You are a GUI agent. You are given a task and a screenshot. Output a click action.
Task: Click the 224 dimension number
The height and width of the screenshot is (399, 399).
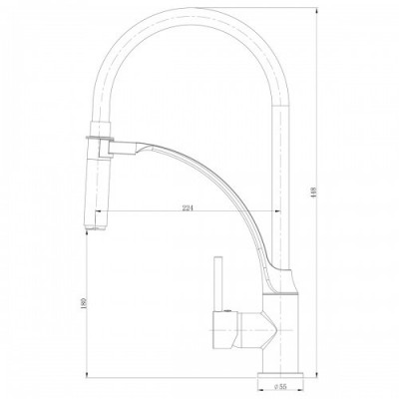coord(188,208)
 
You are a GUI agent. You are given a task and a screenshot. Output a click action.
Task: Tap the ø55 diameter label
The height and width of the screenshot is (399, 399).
coord(280,387)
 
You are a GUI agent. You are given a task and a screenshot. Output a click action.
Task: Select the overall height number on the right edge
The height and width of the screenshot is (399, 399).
coord(313,193)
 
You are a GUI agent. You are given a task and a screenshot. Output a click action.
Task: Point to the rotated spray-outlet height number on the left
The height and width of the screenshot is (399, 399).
coord(84,303)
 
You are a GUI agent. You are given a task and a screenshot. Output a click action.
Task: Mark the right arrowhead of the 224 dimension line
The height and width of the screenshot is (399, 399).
coord(275,211)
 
